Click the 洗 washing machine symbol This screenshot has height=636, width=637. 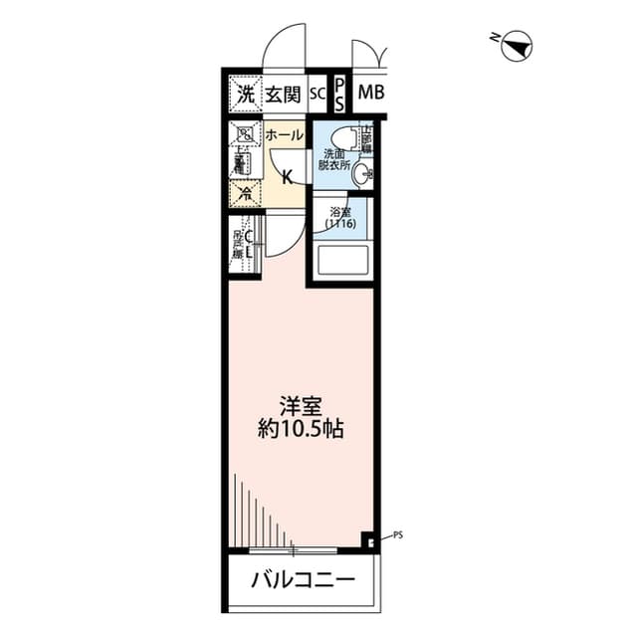click(x=245, y=95)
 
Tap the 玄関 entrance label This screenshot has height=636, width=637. click(x=283, y=95)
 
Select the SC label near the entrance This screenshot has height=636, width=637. click(x=317, y=95)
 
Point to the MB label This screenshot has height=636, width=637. click(x=370, y=95)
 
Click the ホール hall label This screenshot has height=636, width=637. click(x=284, y=134)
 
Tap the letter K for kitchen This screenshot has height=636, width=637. click(x=287, y=178)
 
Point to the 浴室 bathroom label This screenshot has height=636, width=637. click(x=340, y=212)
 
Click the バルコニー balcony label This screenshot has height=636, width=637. click(x=302, y=579)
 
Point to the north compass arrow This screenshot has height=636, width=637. click(x=517, y=45)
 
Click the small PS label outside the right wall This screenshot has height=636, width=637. click(x=398, y=534)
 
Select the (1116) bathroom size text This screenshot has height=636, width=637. click(x=340, y=225)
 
